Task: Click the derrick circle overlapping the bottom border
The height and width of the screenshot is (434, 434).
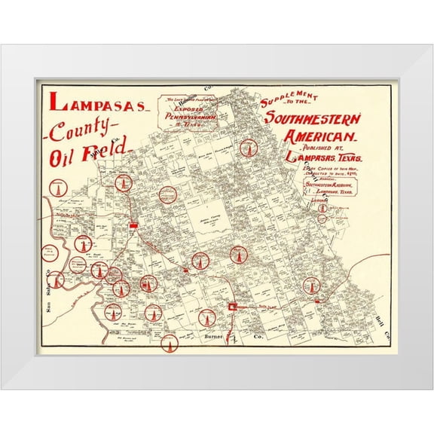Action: coord(170,345)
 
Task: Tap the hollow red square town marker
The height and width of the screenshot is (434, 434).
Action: coord(233,307)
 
